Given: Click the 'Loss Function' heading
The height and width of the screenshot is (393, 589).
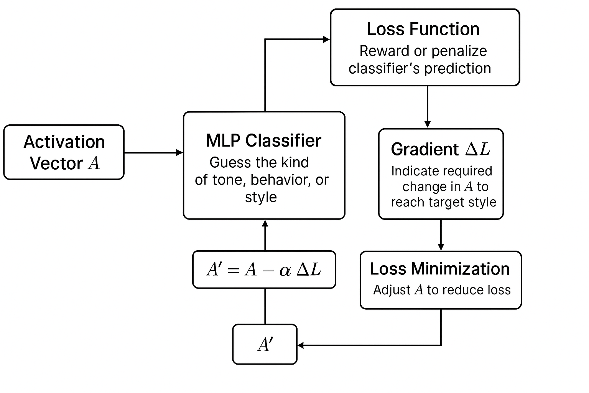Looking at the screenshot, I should [423, 29].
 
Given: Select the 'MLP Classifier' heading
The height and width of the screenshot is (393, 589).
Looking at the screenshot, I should [263, 140].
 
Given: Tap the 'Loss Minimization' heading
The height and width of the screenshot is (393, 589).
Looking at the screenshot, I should [440, 269].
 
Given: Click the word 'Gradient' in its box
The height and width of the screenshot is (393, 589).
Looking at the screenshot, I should [424, 149].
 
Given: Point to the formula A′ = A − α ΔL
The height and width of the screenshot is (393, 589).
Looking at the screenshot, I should [264, 270].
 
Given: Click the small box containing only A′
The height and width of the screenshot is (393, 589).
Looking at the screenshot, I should [265, 345].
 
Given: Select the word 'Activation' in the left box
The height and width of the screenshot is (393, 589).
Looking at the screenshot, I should [64, 142].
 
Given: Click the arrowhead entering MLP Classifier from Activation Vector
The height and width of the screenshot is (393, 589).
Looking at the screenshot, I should [180, 153].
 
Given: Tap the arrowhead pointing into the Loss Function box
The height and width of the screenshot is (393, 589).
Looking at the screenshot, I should [327, 39].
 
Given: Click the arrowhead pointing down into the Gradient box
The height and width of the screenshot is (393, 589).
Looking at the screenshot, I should [428, 124].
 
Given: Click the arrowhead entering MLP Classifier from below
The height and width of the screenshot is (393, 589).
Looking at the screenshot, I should [265, 223].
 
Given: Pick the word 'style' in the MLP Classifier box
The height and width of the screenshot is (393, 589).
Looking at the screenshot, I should [261, 197].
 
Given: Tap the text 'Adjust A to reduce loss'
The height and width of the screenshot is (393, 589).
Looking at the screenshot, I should [442, 290].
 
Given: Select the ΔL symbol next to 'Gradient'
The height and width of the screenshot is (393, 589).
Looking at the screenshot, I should [478, 149].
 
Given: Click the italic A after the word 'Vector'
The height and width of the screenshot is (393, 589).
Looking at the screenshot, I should [94, 163].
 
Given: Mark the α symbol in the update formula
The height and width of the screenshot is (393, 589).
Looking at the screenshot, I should [285, 271].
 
